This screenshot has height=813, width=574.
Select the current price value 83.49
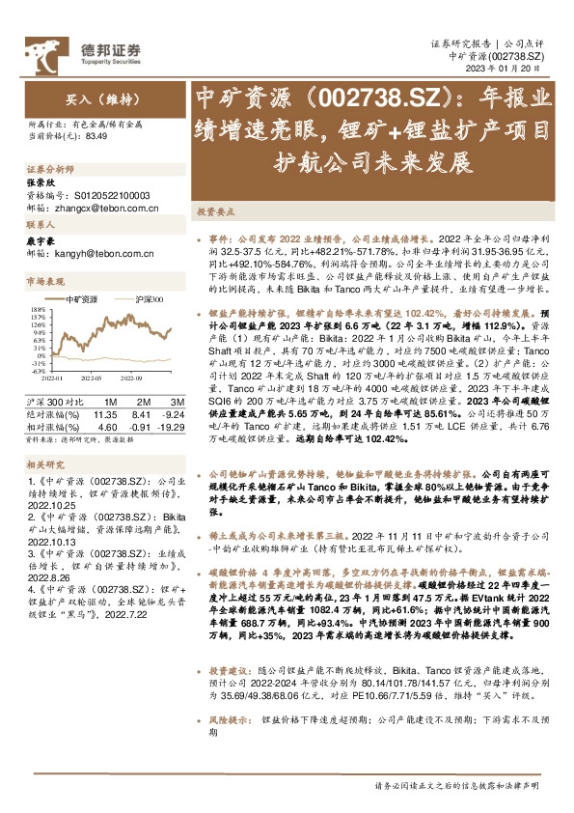96,138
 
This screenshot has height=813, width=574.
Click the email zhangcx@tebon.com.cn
100,207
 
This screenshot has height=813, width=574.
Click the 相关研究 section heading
43,463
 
